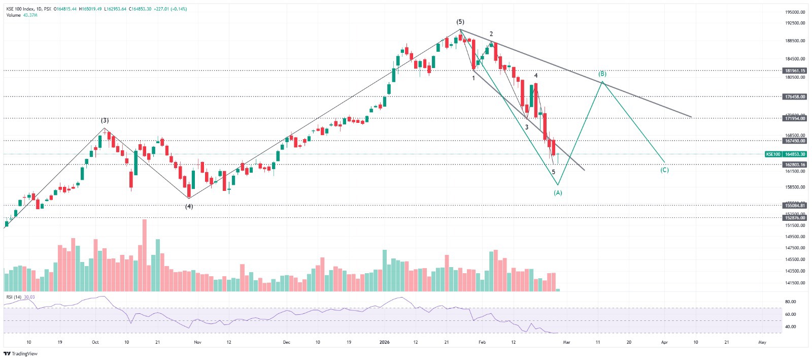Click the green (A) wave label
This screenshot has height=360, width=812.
point(558,193)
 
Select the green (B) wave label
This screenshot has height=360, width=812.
point(602,74)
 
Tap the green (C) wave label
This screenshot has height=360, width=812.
point(664,170)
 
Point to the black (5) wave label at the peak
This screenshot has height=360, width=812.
point(460,22)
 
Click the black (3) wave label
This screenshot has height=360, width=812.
point(105,120)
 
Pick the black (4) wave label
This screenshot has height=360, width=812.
point(189,207)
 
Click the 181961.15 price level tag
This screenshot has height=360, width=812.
point(795,71)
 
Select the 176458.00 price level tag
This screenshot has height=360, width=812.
point(795,96)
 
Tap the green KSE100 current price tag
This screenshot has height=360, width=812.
point(786,154)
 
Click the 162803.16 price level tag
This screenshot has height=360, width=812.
point(795,165)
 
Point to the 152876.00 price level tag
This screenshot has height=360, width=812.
point(795,218)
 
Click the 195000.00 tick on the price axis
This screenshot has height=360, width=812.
point(795,12)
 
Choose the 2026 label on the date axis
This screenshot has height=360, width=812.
point(384,342)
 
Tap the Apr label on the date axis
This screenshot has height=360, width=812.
point(664,342)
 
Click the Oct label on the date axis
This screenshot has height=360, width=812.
point(95,342)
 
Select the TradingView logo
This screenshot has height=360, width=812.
point(21,353)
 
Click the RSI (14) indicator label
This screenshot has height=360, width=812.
point(14,297)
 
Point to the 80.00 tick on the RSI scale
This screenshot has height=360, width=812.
point(790,302)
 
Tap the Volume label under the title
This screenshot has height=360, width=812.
point(14,15)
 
